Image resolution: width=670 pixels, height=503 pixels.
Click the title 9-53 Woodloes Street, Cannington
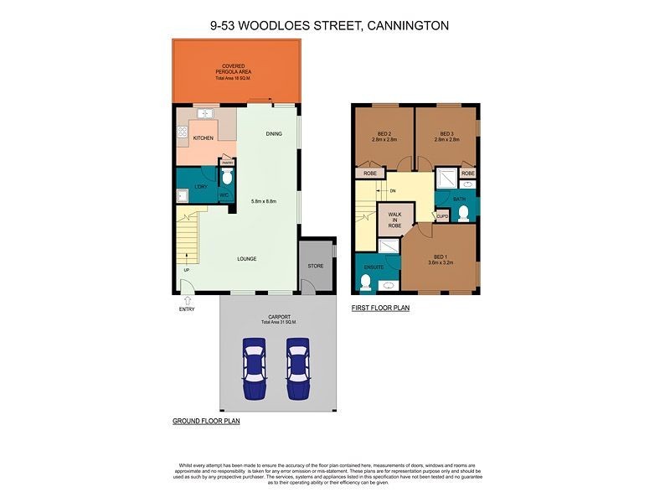[329, 26]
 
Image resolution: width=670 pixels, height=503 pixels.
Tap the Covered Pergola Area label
[234, 71]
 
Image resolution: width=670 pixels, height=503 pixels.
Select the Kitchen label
[204, 137]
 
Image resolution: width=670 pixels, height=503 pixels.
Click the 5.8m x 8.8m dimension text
[263, 201]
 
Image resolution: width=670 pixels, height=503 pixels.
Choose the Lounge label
[246, 258]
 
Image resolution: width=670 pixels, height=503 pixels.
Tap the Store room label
[315, 267]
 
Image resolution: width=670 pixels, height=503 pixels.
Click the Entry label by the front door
[186, 309]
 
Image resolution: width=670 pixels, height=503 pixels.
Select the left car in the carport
[254, 366]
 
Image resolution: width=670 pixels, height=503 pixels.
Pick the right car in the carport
[298, 366]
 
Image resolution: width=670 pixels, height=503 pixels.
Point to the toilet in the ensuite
[366, 283]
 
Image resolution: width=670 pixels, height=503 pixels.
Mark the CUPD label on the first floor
[442, 216]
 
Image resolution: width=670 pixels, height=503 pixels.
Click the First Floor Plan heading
[380, 308]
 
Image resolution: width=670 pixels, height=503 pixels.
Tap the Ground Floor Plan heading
[206, 421]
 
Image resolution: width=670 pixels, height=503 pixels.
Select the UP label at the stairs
[186, 270]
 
